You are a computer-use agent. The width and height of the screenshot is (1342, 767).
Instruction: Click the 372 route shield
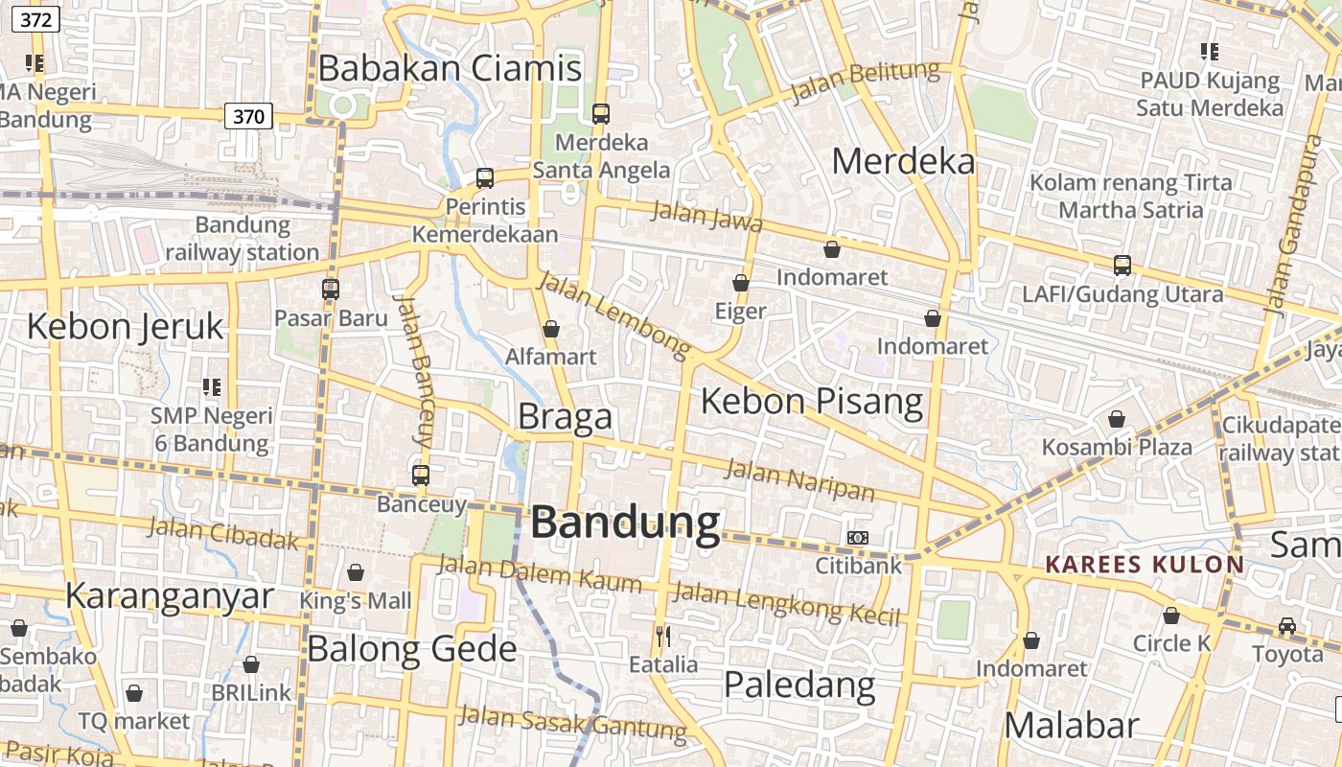click(35, 18)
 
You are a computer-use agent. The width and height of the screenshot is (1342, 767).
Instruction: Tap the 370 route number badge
click(248, 117)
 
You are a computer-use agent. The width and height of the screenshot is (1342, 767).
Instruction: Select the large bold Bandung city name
click(625, 523)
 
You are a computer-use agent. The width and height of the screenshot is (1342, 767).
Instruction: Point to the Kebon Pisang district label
click(812, 401)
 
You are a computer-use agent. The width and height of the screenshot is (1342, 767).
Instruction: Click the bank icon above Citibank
click(858, 538)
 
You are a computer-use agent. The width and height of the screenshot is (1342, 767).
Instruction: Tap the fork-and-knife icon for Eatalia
click(662, 635)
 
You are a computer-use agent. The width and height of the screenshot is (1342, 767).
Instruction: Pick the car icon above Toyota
click(1287, 626)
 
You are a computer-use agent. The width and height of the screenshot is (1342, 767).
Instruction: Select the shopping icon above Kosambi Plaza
click(1117, 419)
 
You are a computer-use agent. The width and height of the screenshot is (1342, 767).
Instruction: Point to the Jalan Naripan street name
click(799, 480)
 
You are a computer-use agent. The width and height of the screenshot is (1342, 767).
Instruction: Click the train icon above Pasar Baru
click(331, 289)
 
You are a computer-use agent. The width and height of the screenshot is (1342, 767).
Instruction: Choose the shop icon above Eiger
click(741, 283)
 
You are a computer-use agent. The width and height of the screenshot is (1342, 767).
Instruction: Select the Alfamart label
click(551, 357)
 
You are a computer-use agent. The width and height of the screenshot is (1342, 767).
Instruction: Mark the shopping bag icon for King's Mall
click(356, 572)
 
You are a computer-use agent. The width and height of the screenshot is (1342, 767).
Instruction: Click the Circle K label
click(1172, 643)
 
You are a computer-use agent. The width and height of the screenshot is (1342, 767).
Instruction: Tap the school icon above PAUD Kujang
click(1210, 52)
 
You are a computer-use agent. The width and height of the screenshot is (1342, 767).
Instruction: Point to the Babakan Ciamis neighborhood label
click(450, 69)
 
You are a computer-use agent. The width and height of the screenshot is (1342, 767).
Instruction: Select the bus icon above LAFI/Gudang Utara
click(1122, 266)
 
